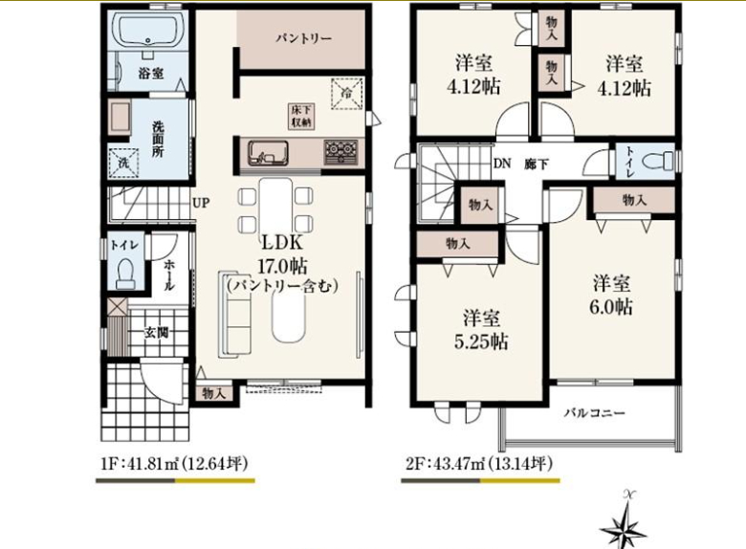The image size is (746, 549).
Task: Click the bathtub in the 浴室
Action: (149, 31)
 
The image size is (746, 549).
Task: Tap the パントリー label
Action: (304, 38)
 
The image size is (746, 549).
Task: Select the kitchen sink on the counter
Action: (268, 153)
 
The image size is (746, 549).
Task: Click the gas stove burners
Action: (340, 152)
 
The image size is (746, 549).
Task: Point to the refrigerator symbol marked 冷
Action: (347, 93)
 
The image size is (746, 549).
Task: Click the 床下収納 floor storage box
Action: (301, 116)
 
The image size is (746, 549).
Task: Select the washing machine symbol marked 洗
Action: (123, 164)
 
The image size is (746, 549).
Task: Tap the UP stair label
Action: (201, 203)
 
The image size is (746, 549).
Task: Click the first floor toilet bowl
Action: (126, 274)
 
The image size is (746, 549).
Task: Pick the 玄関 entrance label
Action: (157, 332)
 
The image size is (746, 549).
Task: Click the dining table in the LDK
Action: (275, 208)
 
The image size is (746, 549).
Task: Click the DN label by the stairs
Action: (502, 165)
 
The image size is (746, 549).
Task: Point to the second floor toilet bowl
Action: (657, 162)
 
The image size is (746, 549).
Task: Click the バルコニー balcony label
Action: (594, 412)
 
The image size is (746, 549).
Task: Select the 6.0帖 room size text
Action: (611, 307)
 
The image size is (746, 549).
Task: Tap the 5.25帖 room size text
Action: (481, 342)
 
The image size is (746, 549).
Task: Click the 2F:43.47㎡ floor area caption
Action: (479, 463)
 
